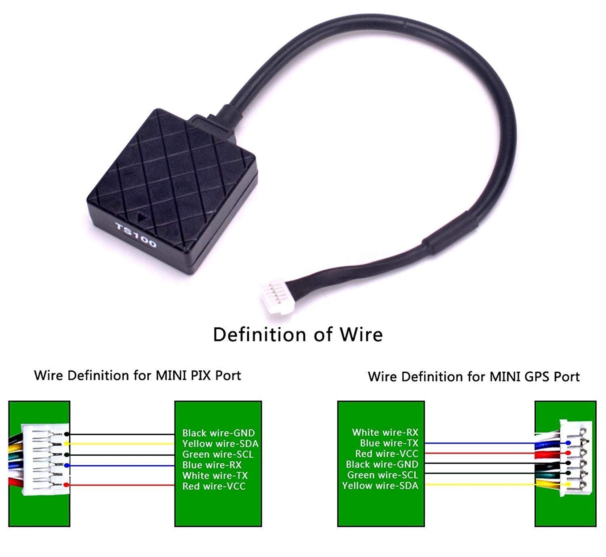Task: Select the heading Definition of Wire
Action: pos(298,335)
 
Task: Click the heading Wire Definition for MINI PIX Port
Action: pos(137,375)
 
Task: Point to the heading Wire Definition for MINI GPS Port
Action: pos(473,377)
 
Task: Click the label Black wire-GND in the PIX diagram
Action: pos(219,433)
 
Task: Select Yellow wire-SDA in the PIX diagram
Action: pos(220,444)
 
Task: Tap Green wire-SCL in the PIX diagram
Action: pos(218,454)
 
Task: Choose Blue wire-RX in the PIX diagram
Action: pos(212,465)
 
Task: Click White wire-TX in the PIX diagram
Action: pos(215,475)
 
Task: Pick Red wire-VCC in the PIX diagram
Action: pos(214,486)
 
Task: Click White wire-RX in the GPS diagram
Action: pos(385,432)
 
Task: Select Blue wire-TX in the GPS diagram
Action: pos(389,443)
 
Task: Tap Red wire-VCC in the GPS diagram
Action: pos(387,454)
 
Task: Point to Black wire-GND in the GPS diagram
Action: pos(382,464)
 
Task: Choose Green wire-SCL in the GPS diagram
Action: pos(383,475)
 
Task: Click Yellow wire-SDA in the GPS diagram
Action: pos(380,485)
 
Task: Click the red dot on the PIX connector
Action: pos(67,485)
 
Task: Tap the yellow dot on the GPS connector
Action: pos(568,484)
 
